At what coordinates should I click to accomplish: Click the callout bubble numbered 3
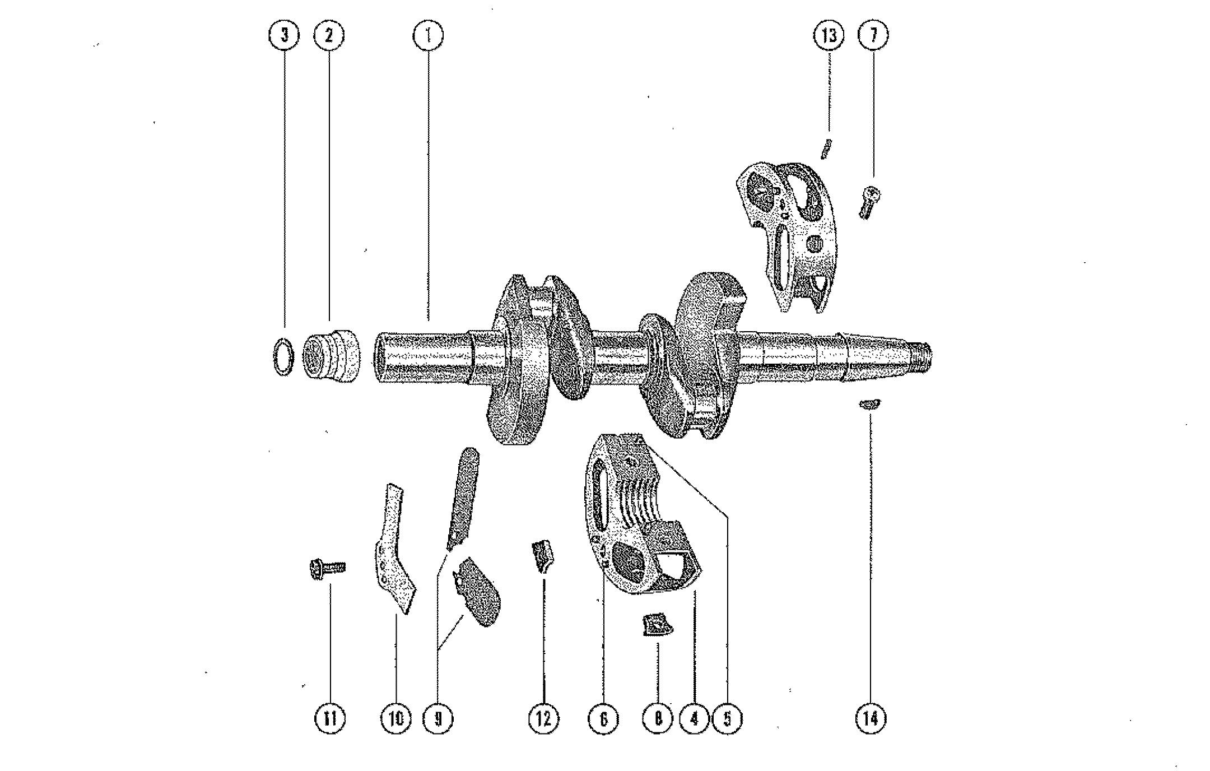(284, 36)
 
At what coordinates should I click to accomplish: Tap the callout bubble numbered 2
(329, 36)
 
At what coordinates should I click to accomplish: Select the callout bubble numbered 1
(428, 36)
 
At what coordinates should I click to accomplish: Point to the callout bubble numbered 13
(829, 36)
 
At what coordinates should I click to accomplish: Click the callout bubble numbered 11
(330, 718)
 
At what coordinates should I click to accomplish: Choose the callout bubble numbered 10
(395, 718)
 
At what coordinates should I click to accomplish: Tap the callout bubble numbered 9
(439, 718)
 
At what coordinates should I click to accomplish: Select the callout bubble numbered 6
(603, 718)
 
